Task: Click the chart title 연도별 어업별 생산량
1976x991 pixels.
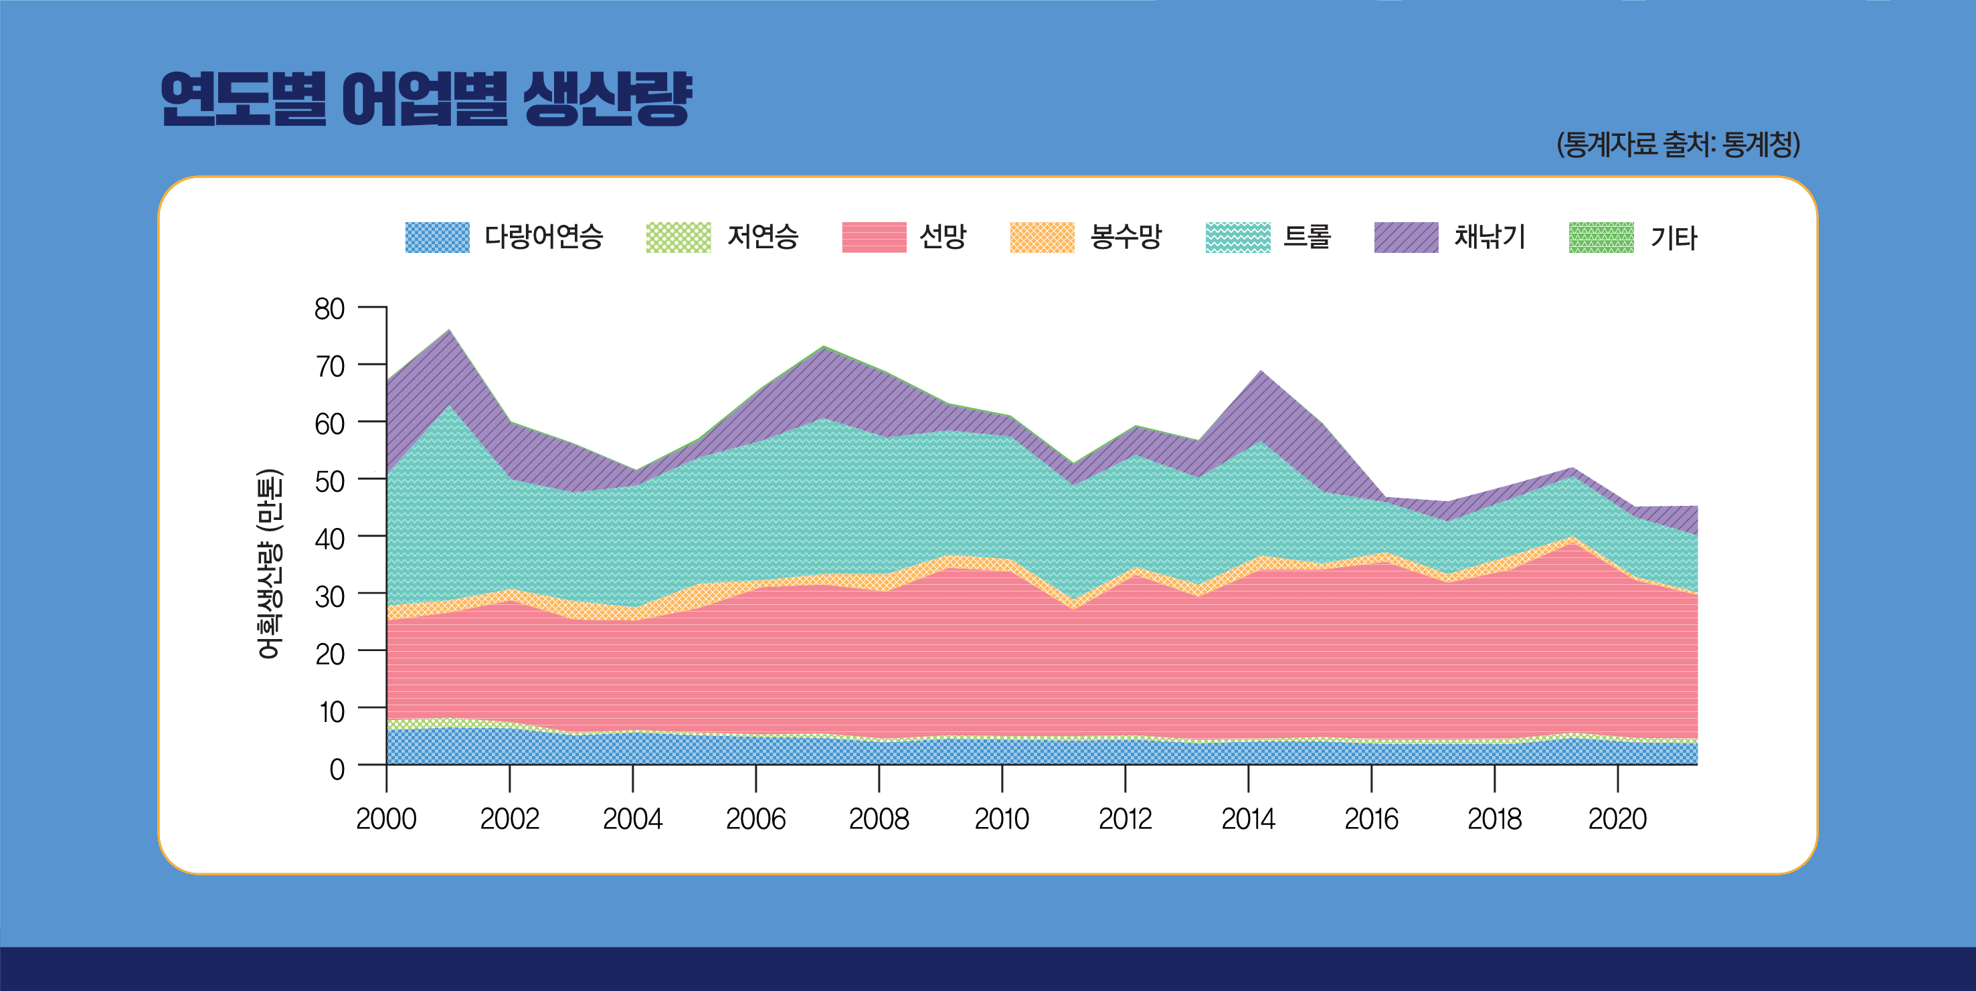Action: [x=426, y=99]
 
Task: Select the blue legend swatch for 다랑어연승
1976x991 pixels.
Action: [x=437, y=237]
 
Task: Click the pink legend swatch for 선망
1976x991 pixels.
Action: [x=874, y=237]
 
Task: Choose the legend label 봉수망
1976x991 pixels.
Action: [x=1126, y=236]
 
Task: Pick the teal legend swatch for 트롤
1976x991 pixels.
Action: [x=1237, y=237]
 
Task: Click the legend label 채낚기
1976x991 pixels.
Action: [x=1490, y=236]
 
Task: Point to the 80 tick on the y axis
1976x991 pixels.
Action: [x=330, y=309]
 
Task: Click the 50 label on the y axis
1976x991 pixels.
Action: [x=330, y=482]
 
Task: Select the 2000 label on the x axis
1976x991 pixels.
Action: [x=386, y=819]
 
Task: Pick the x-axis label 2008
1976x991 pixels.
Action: [x=879, y=819]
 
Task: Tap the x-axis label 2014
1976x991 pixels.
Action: [x=1248, y=819]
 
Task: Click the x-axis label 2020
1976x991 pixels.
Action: [x=1617, y=819]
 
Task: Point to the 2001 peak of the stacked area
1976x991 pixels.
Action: [x=449, y=331]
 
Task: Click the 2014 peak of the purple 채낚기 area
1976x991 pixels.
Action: [x=1262, y=373]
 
